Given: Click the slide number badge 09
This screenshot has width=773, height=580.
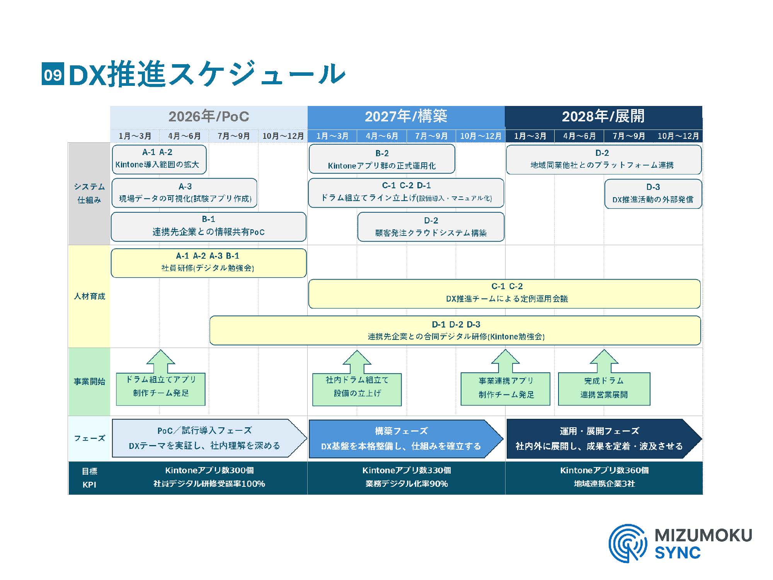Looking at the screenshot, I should click(53, 74).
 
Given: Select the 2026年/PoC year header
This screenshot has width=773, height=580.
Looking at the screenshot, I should click(209, 116).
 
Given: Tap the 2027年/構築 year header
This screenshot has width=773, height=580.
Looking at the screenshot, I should click(406, 116).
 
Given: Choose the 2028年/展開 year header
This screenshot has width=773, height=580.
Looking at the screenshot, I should click(603, 116).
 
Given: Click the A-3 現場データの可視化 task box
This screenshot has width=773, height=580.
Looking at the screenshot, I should click(184, 193).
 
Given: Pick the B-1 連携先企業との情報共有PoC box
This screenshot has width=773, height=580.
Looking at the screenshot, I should click(208, 226).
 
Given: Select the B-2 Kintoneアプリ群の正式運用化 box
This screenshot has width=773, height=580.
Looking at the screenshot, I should click(381, 159).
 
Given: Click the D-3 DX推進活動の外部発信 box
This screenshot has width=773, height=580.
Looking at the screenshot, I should click(653, 193).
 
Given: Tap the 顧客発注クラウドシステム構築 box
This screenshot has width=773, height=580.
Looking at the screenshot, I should click(431, 227).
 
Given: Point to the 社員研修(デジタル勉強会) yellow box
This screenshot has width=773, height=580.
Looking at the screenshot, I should click(208, 263).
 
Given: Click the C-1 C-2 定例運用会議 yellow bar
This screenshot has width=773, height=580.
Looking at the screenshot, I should click(504, 293).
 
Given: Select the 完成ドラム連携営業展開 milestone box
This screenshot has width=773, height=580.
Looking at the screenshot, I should click(604, 388).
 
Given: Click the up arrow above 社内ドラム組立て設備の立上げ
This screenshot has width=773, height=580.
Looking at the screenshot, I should click(357, 361).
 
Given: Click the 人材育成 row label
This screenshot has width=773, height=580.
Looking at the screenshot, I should click(89, 296).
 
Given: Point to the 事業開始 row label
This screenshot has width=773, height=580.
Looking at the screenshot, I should click(89, 382).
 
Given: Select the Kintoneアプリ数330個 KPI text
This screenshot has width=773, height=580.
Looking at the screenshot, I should click(406, 470).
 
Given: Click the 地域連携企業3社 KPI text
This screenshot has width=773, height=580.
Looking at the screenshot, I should click(604, 484).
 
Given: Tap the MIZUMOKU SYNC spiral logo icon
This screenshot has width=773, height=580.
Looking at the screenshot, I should click(627, 543).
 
